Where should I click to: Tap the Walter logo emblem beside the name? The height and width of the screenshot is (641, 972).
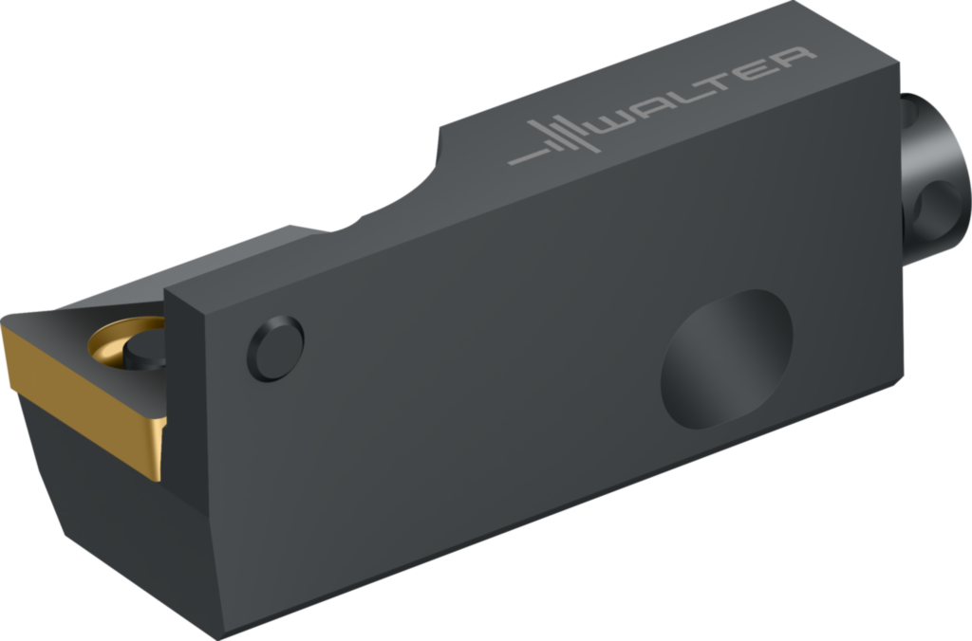coord(553,138)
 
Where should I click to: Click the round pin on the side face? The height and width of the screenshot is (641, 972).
coord(276,348)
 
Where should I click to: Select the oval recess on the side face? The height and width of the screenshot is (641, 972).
coord(726,359)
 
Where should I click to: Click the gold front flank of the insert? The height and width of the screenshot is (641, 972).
coord(84,403)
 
